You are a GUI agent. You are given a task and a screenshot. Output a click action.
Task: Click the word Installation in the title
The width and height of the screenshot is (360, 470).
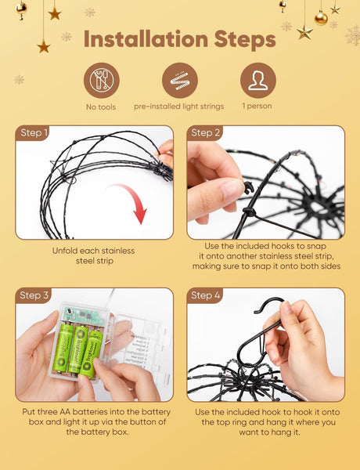pos(146,39)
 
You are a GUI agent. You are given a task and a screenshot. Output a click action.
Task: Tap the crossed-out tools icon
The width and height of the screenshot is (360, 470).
pos(102,81)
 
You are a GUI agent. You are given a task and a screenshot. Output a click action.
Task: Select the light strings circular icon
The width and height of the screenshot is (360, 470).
pos(180,81)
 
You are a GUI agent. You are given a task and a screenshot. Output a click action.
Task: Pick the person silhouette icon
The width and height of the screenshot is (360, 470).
pos(258,81)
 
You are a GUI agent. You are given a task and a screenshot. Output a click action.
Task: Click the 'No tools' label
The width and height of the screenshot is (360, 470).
pos(101,107)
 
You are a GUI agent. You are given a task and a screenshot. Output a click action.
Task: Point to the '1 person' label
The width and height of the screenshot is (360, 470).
pos(257,106)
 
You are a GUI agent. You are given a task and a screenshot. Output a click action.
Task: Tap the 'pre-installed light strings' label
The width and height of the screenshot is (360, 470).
pos(178,107)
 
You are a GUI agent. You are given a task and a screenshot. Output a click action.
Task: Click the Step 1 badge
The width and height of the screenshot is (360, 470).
pos(32,133)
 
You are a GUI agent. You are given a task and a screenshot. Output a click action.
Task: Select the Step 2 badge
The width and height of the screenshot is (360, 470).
pos(205,133)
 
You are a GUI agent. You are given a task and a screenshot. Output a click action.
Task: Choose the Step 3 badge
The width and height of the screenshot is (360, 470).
pos(33,295)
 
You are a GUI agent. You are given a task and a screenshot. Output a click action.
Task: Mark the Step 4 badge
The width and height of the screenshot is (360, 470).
pos(205,295)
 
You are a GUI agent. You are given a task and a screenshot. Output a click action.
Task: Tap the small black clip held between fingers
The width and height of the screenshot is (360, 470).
pos(249,187)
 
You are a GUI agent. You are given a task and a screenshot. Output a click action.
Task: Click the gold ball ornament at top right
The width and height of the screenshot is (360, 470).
pos(321,18)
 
